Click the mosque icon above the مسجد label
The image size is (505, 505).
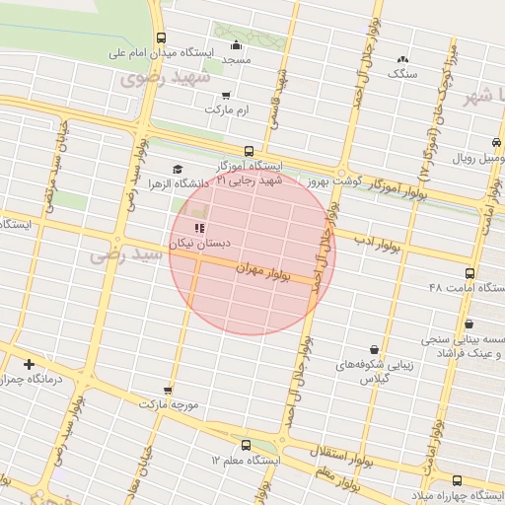[235, 44]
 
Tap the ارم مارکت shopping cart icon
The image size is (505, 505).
[227, 96]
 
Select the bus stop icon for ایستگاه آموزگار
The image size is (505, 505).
[248, 152]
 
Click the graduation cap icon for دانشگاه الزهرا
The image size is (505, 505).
[178, 169]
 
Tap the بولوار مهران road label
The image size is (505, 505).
[264, 271]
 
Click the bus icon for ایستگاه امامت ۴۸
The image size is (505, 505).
[469, 273]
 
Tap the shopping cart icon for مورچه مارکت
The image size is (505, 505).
[168, 391]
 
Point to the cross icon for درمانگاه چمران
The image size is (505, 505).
[29, 364]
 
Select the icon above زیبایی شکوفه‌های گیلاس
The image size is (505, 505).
[374, 349]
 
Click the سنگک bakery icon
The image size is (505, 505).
[402, 58]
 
